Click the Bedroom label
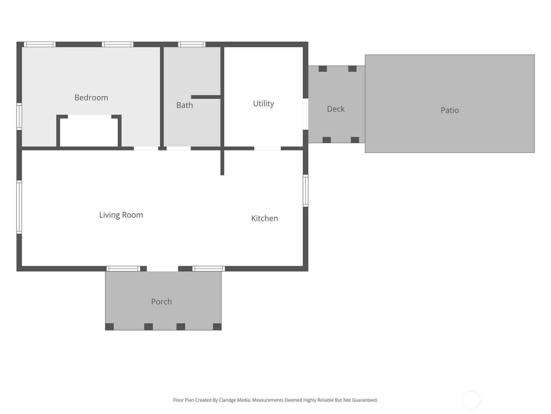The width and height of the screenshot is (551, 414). (91, 98)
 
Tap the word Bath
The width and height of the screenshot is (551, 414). (185, 105)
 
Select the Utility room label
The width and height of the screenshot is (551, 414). (263, 103)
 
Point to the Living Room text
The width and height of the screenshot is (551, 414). (121, 215)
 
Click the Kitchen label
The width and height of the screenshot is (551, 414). (264, 218)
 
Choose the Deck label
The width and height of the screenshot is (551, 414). (336, 109)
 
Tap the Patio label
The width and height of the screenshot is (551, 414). (450, 110)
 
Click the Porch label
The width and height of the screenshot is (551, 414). (162, 302)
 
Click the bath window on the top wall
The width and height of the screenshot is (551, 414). (192, 45)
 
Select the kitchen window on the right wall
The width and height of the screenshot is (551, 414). (305, 190)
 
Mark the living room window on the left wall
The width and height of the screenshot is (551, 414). (19, 207)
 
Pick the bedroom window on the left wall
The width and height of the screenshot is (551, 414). (19, 116)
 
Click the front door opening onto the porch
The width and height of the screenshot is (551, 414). (163, 268)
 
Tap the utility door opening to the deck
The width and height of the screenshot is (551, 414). (305, 114)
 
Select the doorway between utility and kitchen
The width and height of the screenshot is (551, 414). (267, 148)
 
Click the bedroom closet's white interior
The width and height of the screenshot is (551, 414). (89, 132)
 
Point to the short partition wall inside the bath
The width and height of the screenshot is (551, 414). (206, 97)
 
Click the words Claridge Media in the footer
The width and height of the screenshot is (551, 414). (234, 400)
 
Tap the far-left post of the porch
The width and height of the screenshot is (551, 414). (110, 326)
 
